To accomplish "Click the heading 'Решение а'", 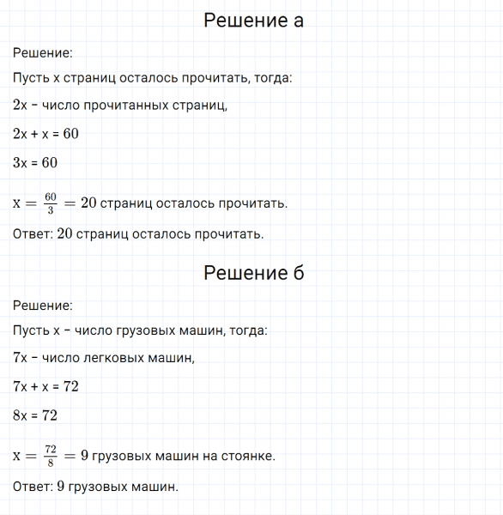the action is click(253, 21).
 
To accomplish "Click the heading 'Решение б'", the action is click(253, 273).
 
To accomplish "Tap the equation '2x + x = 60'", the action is click(46, 134).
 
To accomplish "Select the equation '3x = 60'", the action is click(35, 162).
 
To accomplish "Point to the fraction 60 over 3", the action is click(51, 203).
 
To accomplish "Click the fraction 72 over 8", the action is click(51, 456).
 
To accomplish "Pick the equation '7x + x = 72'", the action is click(46, 386).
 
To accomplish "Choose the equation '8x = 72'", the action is click(35, 415).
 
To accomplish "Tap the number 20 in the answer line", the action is click(65, 233).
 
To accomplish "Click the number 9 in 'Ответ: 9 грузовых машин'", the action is click(61, 487).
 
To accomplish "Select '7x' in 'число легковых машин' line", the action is click(21, 359).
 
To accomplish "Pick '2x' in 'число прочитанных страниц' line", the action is click(21, 106).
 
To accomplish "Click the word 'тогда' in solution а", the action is click(273, 78).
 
